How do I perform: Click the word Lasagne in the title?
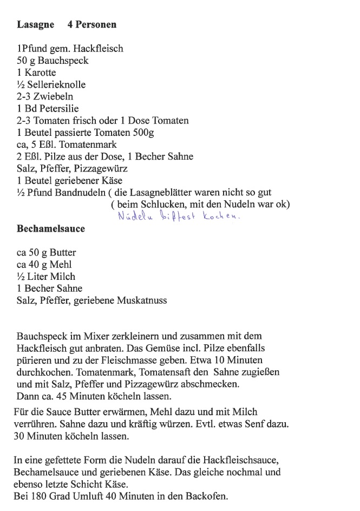[x=36, y=24]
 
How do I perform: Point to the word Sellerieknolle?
[x=56, y=84]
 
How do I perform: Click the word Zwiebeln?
[x=54, y=96]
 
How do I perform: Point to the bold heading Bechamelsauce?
[x=51, y=229]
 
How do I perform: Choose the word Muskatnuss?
[x=142, y=300]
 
